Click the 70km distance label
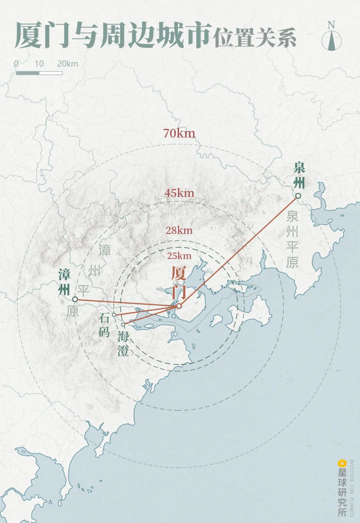pos(179,133)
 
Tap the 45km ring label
pos(179,193)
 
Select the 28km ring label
pos(179,230)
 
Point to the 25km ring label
pos(179,256)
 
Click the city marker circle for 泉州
pos(298,196)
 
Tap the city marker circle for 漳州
pos(75,299)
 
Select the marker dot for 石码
pos(114,315)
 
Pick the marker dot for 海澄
pos(123,324)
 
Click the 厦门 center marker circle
pos(179,306)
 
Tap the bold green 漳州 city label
pos(64,282)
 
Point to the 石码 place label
pos(104,325)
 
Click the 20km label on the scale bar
pos(67,63)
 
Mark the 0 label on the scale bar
pos(16,63)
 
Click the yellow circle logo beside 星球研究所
pos(341,463)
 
